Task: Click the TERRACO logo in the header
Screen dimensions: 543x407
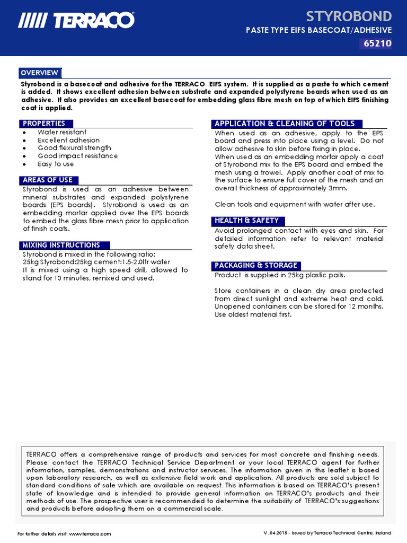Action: coord(76,21)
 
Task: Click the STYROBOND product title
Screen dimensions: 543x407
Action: coord(350,15)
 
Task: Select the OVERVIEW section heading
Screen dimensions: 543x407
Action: coord(40,73)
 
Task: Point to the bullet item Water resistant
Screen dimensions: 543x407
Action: coord(62,132)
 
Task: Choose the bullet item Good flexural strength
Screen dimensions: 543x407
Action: coord(74,148)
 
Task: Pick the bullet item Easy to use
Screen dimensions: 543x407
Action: coord(56,164)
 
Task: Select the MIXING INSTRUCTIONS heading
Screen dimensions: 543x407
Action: coord(61,245)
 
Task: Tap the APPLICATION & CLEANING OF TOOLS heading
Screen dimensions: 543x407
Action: coord(285,124)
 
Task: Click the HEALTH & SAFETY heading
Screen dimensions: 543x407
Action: coord(246,221)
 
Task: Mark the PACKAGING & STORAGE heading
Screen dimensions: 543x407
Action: coord(256,265)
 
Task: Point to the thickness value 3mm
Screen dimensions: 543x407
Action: coord(338,188)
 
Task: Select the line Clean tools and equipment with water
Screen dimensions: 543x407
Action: coord(295,205)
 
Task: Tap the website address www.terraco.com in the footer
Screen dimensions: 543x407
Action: coord(90,534)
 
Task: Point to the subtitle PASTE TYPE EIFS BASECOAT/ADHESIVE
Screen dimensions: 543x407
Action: coord(318,31)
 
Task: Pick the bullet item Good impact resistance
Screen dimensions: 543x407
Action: coord(77,156)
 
